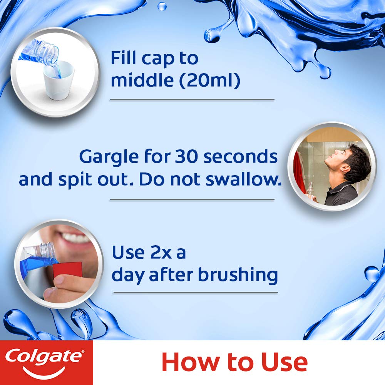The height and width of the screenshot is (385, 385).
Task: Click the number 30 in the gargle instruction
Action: pyautogui.click(x=186, y=157)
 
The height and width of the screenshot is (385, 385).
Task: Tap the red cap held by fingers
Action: pyautogui.click(x=68, y=269)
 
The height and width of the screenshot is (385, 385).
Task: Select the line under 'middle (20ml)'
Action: pyautogui.click(x=192, y=100)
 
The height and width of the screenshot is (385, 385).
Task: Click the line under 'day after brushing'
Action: pyautogui.click(x=195, y=292)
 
